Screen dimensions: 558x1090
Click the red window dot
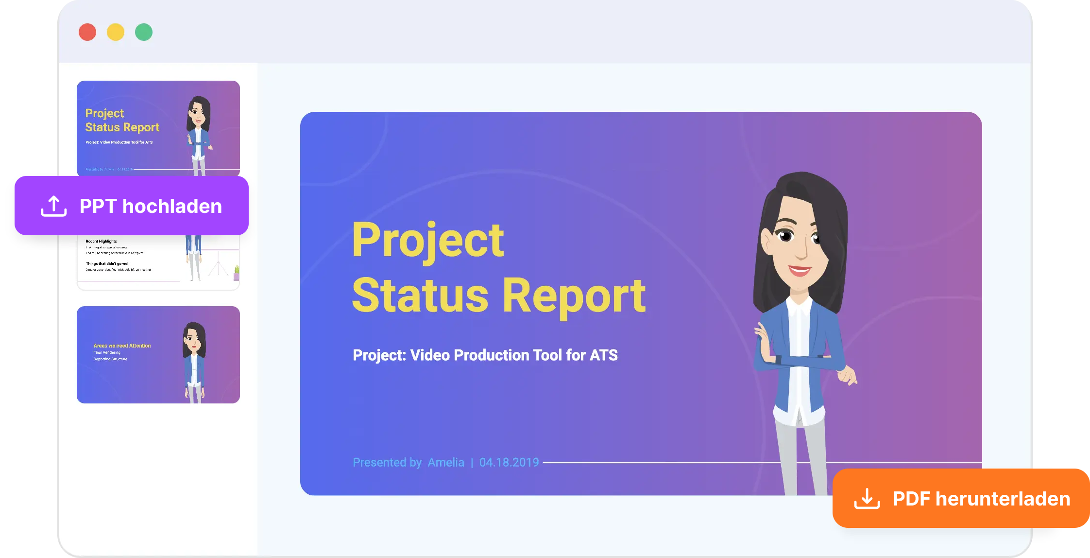coord(87,32)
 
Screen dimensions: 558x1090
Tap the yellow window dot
coord(116,32)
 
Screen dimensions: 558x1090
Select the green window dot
coord(144,32)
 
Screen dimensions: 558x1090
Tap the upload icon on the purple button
coord(53,206)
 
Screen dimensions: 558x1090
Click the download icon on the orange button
coord(867,499)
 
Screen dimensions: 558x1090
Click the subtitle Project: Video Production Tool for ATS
coord(485,355)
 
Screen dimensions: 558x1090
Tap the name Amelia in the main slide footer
coord(446,462)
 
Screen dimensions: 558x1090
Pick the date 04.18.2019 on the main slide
coord(509,462)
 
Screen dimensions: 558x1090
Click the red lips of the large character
coord(799,270)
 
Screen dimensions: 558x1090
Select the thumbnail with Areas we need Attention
coord(158,355)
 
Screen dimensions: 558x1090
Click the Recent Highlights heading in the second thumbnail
coord(101,241)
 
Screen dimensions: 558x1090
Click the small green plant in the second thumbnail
coord(237,270)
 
